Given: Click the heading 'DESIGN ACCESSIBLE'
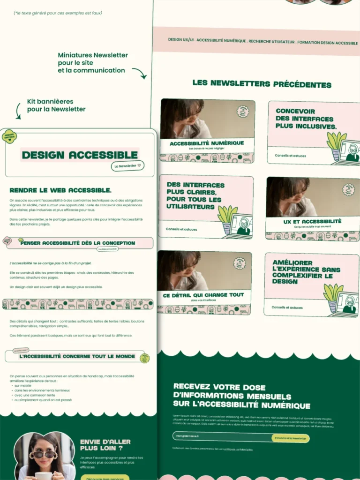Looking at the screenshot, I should [x=80, y=155].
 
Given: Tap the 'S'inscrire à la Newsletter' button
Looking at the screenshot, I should [x=290, y=438].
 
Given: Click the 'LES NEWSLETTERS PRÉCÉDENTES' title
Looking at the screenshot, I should [x=262, y=84].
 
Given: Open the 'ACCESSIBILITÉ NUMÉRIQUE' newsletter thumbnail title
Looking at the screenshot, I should [x=207, y=143].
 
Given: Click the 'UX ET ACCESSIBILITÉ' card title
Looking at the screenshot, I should [x=312, y=221].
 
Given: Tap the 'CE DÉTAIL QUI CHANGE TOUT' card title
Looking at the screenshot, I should [x=203, y=295].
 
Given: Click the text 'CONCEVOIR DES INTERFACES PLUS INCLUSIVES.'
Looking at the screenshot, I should [x=306, y=119].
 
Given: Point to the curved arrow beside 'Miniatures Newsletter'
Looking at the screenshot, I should [x=139, y=73].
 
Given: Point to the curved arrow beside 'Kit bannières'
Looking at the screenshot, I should [x=19, y=111].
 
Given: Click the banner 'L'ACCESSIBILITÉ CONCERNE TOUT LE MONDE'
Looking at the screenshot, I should [x=77, y=356].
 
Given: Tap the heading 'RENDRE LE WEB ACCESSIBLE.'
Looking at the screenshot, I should [x=60, y=190].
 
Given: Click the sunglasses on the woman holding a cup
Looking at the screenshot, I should [x=43, y=454].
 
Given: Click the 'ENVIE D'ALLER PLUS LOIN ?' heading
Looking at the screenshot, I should [x=105, y=445].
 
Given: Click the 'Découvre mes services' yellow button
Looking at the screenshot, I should [x=105, y=478].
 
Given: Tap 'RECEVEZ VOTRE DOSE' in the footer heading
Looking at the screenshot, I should [x=219, y=387].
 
